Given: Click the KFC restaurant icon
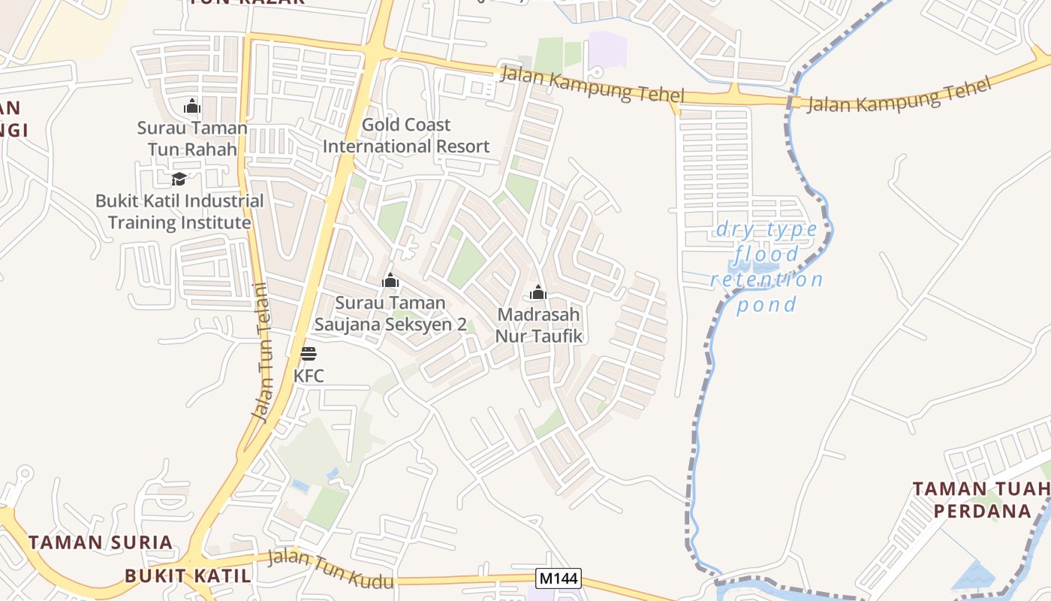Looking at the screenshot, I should click(x=309, y=354).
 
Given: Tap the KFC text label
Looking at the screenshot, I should click(x=309, y=376).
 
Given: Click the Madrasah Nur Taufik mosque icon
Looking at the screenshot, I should click(x=538, y=293).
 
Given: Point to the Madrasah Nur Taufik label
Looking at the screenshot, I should click(x=539, y=325).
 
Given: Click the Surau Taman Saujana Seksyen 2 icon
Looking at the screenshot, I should click(x=390, y=281).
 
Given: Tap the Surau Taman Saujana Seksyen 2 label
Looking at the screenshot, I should click(x=390, y=313).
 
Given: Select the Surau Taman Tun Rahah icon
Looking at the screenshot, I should click(x=192, y=106).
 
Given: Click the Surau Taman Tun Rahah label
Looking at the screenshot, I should click(x=192, y=138).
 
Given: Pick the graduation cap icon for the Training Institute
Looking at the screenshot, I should click(x=179, y=179).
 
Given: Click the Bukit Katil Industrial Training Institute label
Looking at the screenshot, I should click(x=179, y=212).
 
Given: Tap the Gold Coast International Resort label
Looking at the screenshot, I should click(x=406, y=135).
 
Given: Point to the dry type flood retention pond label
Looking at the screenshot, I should click(x=766, y=267).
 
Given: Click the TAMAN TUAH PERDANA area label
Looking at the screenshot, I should click(x=981, y=500).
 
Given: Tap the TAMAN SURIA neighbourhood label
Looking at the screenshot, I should click(x=101, y=542).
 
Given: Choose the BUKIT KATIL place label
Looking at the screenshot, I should click(x=187, y=576).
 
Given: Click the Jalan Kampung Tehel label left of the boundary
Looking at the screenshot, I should click(x=592, y=84).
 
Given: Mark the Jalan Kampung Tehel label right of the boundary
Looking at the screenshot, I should click(x=899, y=95).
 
